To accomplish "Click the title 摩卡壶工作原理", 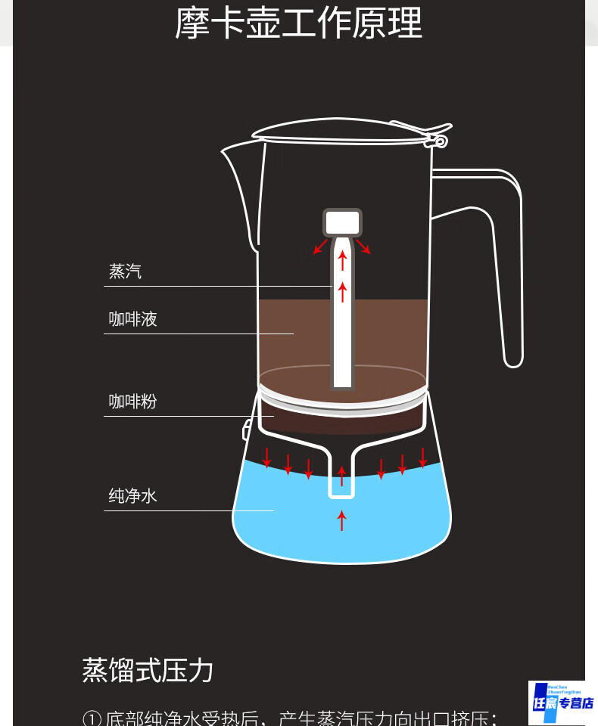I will (x=298, y=23).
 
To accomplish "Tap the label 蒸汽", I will (x=126, y=271).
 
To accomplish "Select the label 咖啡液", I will (x=133, y=319).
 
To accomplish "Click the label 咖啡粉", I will (x=133, y=401).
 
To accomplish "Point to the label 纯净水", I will (x=133, y=496).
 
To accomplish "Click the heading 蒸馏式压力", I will (x=148, y=670).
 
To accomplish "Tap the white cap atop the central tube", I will (x=342, y=222).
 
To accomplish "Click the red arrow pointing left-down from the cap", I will (x=321, y=247).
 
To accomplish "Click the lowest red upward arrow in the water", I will (x=341, y=520).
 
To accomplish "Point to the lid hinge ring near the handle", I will (x=440, y=141).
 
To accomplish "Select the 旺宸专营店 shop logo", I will (x=562, y=702).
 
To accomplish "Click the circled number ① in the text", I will (x=91, y=719).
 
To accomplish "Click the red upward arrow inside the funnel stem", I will (x=341, y=476).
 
